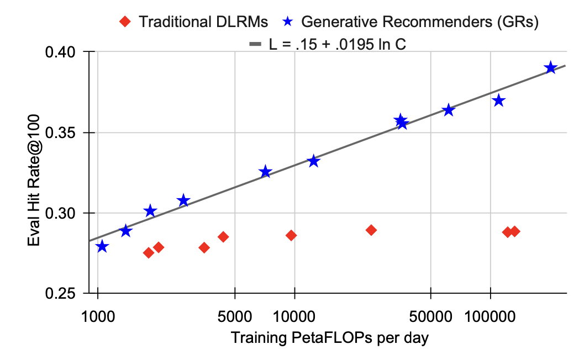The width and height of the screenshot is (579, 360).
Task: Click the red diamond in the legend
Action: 126,22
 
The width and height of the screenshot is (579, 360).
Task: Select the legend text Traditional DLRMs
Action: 203,22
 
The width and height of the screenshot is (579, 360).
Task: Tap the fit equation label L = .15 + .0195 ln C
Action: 338,45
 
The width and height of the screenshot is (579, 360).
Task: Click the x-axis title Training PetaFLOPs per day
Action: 330,338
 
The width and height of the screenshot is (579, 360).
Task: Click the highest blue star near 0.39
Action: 550,68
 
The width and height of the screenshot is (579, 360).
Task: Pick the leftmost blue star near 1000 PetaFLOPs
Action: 102,246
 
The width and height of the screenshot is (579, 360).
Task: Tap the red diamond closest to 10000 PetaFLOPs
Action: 291,236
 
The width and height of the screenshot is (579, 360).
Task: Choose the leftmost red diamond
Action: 148,253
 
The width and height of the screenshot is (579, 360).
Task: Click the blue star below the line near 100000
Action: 499,100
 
